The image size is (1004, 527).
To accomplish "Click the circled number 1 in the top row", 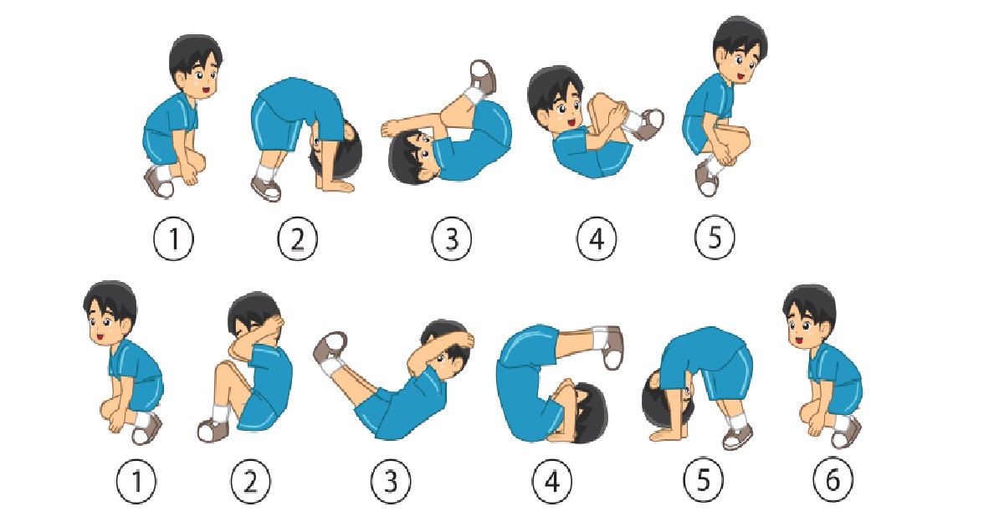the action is (x=174, y=238).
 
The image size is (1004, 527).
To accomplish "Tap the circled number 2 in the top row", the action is (x=297, y=238).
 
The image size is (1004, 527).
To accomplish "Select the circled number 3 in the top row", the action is (x=451, y=238).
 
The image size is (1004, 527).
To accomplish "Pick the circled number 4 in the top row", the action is (x=596, y=238).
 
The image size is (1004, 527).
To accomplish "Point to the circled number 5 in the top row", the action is (x=715, y=238).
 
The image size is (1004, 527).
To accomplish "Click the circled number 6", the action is (x=832, y=479).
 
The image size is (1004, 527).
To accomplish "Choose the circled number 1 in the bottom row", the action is (x=136, y=482).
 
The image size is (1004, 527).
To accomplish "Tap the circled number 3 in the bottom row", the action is (x=391, y=482).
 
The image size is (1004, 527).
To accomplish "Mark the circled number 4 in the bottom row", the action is (x=551, y=482).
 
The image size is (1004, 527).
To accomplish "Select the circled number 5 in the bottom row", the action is (x=704, y=479).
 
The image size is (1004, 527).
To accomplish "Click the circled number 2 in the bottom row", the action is (x=250, y=482).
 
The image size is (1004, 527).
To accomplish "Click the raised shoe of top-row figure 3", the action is (x=484, y=76).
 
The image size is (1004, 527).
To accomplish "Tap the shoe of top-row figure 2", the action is (x=266, y=189).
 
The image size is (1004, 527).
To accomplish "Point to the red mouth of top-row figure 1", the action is (x=206, y=90).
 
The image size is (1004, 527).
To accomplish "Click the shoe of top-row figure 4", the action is (x=648, y=124).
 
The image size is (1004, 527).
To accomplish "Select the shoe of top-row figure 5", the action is (x=707, y=180).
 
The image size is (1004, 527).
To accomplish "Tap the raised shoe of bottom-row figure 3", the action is (x=330, y=347).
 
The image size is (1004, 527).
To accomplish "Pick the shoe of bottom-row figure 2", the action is (x=213, y=430).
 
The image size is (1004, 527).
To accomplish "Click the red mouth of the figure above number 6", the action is (x=800, y=341).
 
